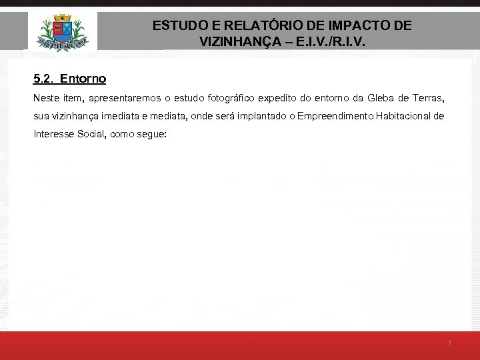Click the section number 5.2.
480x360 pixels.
(43, 79)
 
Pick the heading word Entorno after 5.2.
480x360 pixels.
(83, 79)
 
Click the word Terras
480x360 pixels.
(426, 98)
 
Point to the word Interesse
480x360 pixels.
(51, 134)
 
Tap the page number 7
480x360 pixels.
(449, 343)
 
